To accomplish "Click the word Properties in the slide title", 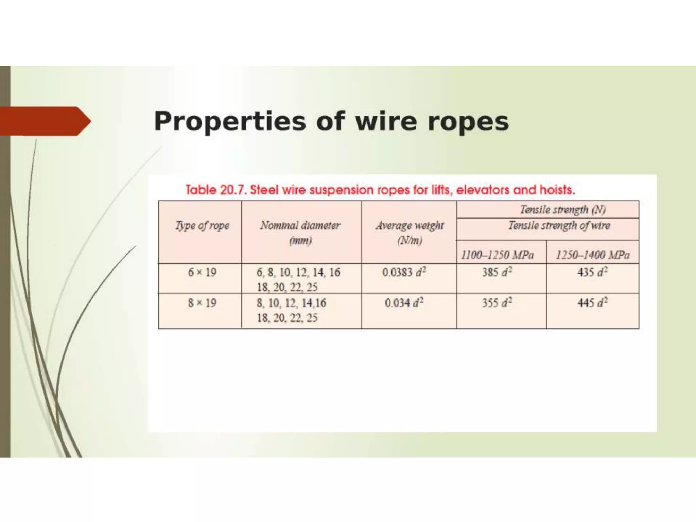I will pos(230,122).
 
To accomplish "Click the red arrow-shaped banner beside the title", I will pos(44,121).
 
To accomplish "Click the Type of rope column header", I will pos(202,226).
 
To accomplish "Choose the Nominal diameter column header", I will pos(300,226).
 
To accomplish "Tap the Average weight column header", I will pos(410,226).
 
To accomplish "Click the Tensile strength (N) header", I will pos(563,210).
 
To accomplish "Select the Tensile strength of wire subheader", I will pos(559,226).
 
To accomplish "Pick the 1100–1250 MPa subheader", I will pos(497,255).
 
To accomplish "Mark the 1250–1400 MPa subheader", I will pos(593,255).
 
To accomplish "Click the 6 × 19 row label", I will pos(202,272).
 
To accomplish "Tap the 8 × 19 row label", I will pos(202,303).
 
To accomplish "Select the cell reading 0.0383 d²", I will pos(404,272).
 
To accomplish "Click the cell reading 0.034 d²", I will pos(404,303).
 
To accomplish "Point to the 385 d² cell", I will pos(497,272).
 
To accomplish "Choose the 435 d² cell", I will pos(592,272).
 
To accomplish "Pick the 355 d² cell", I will pos(497,303).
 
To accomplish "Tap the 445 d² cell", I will pos(592,303).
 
